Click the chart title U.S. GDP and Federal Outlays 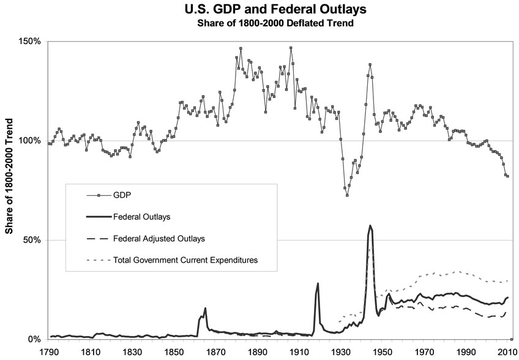(259, 10)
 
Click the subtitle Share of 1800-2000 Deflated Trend (259, 24)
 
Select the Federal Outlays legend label (142, 217)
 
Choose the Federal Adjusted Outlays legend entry (159, 239)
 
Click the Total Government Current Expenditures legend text (185, 260)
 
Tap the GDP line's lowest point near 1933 (347, 195)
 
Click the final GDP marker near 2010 (507, 176)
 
